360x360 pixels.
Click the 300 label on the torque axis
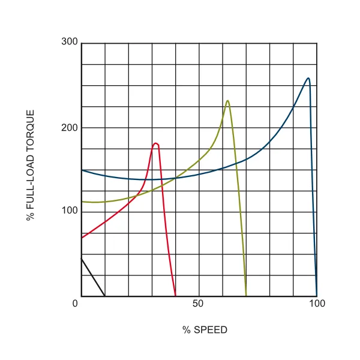[x=70, y=42]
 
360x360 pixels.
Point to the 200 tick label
[x=70, y=127]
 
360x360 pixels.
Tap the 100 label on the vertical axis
[x=70, y=212]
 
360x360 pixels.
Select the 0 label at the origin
[x=76, y=304]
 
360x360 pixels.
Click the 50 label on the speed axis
[x=199, y=304]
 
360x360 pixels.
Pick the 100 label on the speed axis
[x=317, y=304]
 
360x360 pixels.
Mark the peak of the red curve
[x=156, y=143]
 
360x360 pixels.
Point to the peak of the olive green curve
[x=227, y=100]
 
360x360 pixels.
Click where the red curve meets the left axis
[x=82, y=238]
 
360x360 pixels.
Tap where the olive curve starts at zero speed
[x=82, y=202]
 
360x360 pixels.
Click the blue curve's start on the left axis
[x=82, y=170]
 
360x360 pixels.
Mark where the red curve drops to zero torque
[x=175, y=296]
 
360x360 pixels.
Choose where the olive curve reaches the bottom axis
[x=246, y=296]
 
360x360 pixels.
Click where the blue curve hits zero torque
[x=316, y=296]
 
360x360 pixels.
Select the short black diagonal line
[x=92, y=277]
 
